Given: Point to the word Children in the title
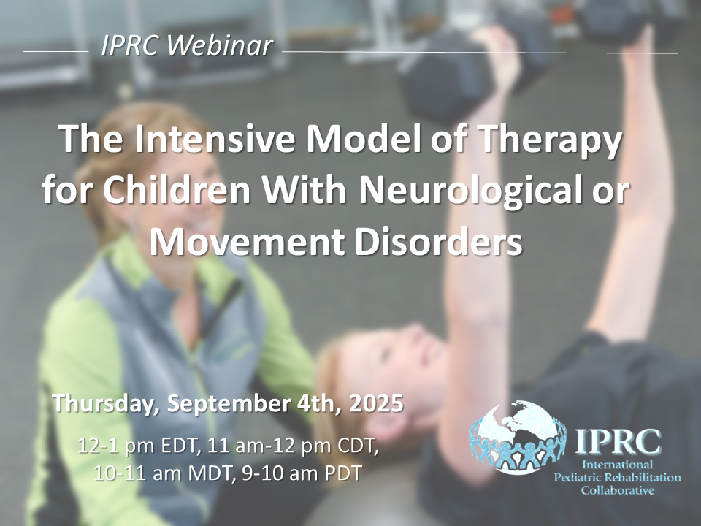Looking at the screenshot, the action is [177, 190].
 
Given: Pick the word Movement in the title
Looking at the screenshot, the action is [247, 242].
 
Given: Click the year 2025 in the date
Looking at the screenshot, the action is [377, 403].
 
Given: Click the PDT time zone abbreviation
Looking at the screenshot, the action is [341, 473].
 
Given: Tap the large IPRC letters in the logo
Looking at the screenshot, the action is [618, 441].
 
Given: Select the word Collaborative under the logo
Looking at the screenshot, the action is [618, 490].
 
